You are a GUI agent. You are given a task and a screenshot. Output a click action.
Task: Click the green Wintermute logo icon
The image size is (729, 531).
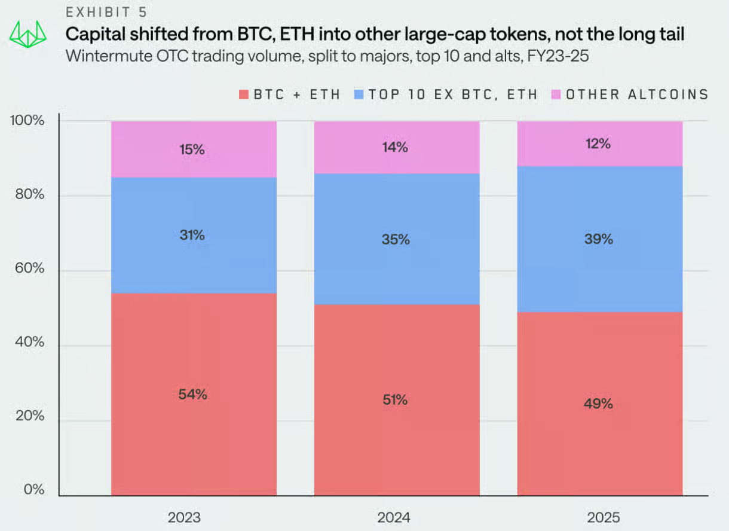[28, 35]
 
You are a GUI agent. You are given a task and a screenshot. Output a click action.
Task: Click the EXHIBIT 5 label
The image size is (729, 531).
[106, 12]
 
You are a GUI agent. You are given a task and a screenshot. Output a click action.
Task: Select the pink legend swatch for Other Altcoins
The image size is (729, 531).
[556, 94]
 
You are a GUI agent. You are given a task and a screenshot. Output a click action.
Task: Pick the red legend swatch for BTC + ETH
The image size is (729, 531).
[243, 94]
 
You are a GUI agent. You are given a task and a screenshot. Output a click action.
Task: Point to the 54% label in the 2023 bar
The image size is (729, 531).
[192, 395]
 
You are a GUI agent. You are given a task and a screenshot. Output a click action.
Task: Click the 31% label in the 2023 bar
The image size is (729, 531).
[192, 236]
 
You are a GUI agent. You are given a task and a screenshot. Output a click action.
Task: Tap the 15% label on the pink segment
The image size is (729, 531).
[192, 150]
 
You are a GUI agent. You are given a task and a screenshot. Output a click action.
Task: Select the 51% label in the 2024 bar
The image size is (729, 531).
[395, 400]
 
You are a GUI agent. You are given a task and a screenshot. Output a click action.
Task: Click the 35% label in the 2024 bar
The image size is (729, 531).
[395, 240]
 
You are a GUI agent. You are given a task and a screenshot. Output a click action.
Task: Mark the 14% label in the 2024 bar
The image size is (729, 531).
[395, 147]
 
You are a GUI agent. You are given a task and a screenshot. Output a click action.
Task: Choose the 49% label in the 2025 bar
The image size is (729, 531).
[598, 404]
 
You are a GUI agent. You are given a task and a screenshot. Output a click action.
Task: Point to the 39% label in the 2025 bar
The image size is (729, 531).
[598, 239]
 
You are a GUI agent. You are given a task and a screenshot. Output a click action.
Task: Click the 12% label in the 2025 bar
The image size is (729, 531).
[598, 144]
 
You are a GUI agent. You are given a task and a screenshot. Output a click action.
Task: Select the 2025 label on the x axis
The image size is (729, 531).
[598, 517]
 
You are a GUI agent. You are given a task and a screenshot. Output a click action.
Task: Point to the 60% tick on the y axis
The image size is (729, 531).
[29, 268]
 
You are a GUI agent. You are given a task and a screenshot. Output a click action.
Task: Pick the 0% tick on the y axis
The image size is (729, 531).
[33, 490]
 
